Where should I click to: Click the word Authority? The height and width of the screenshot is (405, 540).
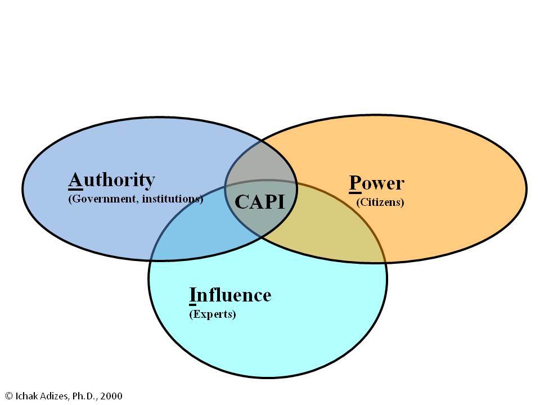point(111,181)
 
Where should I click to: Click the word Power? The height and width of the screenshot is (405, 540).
point(377,183)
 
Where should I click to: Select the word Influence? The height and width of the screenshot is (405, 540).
point(231,295)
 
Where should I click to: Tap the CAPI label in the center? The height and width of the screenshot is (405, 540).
point(260,202)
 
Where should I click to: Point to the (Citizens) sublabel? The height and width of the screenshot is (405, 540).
point(380,202)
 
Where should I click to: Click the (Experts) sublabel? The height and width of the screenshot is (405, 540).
point(213,314)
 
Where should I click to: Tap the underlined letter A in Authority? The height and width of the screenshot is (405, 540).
point(75,181)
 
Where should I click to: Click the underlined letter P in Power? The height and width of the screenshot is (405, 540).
point(355,183)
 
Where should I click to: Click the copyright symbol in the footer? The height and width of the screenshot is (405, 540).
point(10,396)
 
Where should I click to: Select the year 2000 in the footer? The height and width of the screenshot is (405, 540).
point(111,396)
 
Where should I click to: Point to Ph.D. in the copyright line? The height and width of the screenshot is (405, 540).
point(85,396)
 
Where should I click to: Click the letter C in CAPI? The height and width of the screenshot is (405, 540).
point(241,202)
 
